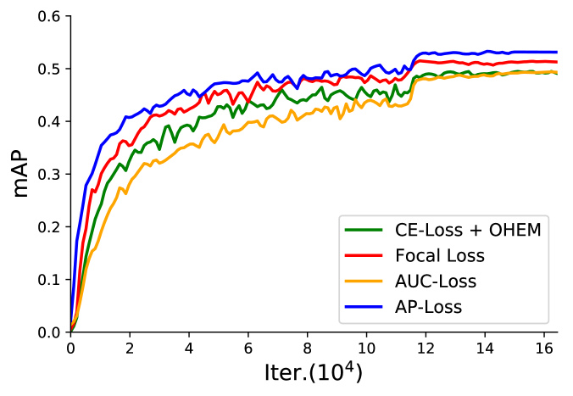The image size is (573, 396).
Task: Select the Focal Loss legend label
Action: pos(438,254)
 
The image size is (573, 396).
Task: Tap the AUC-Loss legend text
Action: pos(435,281)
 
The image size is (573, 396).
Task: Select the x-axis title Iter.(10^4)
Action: pos(313,373)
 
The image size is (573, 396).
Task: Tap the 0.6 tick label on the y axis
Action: pos(49,16)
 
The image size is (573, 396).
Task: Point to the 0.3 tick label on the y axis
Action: pos(49,174)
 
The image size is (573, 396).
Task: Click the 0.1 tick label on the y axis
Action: pos(49,279)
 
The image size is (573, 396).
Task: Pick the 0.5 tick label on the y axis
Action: pos(49,69)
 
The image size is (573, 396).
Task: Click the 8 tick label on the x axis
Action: pos(308,348)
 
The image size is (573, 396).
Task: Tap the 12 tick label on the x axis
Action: pos(426,348)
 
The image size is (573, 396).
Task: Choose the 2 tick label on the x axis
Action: pos(130,348)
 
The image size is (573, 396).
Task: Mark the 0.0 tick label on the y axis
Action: pos(49,332)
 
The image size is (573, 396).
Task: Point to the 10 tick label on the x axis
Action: pos(367,348)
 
